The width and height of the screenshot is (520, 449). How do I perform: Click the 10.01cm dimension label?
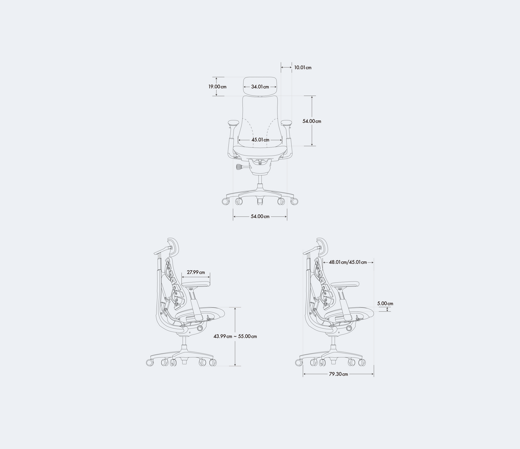point(302,68)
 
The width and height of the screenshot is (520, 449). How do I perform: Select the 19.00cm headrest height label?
point(217,87)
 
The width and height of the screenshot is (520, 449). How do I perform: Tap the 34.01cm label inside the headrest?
point(260,87)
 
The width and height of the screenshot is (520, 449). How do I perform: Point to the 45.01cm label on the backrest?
point(260,140)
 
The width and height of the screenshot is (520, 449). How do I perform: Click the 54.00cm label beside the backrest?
point(312,121)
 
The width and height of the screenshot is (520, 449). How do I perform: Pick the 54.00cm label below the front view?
point(260,216)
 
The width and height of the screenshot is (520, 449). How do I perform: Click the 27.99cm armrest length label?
point(196,272)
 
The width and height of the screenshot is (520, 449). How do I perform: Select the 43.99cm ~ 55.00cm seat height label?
point(235,336)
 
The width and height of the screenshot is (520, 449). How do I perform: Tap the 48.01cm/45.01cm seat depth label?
point(348,262)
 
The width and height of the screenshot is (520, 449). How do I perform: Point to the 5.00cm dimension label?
point(385,304)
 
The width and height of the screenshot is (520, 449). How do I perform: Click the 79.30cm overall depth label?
point(338,374)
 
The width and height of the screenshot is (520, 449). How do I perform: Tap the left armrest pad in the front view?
point(233,123)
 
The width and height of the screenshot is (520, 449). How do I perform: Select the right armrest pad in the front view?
point(286,123)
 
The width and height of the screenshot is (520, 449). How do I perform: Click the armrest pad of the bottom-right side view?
point(344,284)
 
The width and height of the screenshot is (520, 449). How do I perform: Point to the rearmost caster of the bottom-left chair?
point(149,362)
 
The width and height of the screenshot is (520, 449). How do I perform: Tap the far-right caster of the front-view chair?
point(294,201)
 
